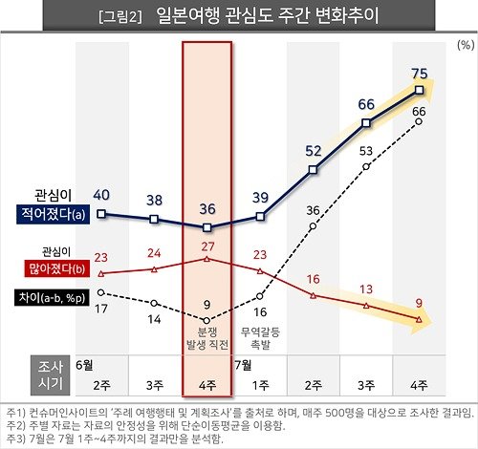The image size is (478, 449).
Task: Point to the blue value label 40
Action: pyautogui.click(x=101, y=195)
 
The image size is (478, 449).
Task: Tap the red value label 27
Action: pyautogui.click(x=207, y=246)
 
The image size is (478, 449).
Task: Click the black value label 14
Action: pyautogui.click(x=155, y=320)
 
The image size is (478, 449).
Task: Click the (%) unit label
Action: pyautogui.click(x=464, y=45)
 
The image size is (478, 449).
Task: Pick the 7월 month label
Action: pyautogui.click(x=246, y=364)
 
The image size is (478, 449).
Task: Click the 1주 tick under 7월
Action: pyautogui.click(x=260, y=384)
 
